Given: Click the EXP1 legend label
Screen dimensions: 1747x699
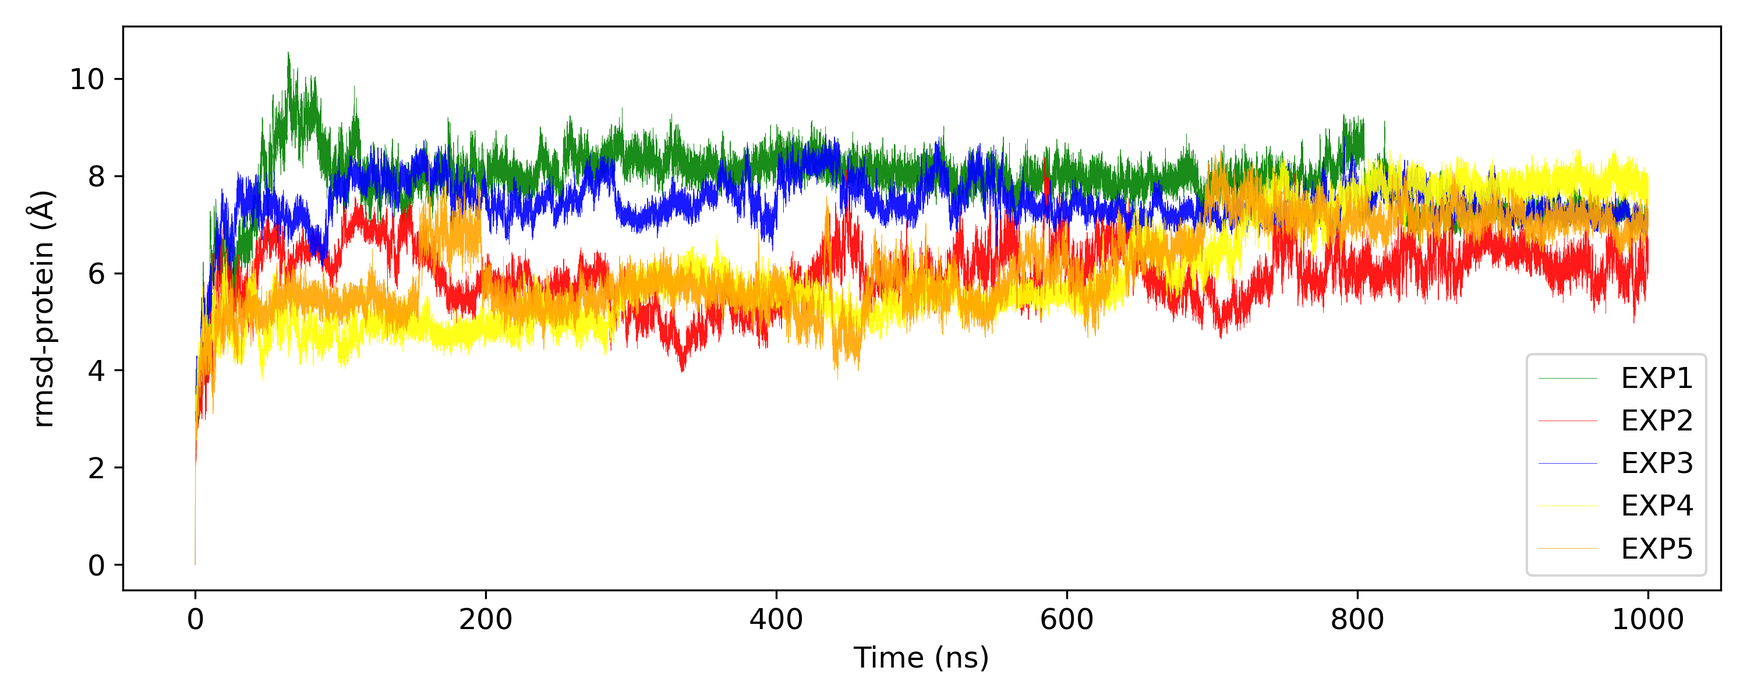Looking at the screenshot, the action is [x=1656, y=379].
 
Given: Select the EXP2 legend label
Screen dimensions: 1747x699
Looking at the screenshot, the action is [x=1656, y=421].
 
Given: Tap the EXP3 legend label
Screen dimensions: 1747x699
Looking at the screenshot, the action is [x=1656, y=464].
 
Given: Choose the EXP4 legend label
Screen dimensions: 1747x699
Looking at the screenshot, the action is [x=1656, y=506].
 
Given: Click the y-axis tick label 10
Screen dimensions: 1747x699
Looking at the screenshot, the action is [x=87, y=79].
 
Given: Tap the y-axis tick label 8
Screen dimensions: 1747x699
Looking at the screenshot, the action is [x=96, y=176].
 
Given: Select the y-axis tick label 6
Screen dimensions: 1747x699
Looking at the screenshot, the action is [x=96, y=274].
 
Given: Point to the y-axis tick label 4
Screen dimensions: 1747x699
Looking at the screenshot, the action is [x=96, y=370].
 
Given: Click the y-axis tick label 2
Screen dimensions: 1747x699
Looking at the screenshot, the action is [x=96, y=468].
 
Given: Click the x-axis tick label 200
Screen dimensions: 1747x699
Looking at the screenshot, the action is [x=486, y=620].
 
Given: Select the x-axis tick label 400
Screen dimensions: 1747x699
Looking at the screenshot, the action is [x=776, y=620].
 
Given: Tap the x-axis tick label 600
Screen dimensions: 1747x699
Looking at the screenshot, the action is [x=1067, y=620].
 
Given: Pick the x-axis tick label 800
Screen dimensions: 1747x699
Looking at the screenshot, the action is [x=1357, y=620].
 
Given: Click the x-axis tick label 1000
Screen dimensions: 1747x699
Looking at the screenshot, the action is [x=1647, y=620].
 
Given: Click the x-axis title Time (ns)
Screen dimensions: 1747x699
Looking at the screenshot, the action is [x=921, y=658].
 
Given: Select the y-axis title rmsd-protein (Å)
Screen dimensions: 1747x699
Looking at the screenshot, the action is [x=42, y=309].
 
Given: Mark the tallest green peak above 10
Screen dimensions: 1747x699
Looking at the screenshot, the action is [x=288, y=54].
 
